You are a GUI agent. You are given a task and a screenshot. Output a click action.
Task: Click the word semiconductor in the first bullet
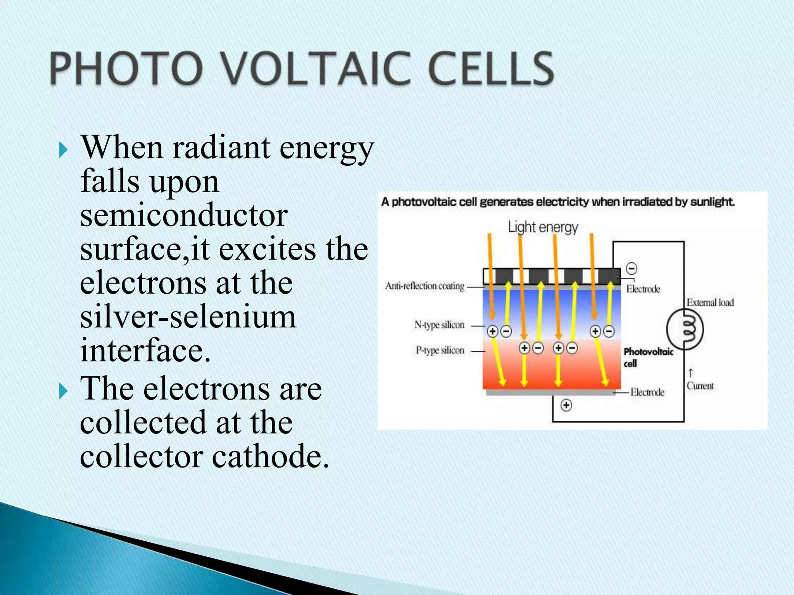pos(184,215)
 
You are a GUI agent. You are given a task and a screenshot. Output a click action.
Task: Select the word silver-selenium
pos(188,316)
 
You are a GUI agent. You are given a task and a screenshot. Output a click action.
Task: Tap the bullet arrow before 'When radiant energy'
pos(63,150)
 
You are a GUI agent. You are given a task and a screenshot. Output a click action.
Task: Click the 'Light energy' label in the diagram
pos(543,227)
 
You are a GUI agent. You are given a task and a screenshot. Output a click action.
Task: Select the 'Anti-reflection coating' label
pos(425,286)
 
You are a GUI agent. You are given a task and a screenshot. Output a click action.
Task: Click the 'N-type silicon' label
pos(439,325)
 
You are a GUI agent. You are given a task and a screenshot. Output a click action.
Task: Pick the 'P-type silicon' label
pos(440,351)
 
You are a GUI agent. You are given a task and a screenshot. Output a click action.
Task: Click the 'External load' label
pos(710,303)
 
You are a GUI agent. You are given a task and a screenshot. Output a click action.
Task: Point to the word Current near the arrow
pos(700,386)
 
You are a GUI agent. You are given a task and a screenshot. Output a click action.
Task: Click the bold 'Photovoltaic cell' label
pos(648,357)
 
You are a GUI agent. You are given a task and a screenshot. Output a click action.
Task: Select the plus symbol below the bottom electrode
pos(566,405)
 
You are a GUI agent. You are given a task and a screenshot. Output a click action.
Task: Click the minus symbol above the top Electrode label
pos(632,268)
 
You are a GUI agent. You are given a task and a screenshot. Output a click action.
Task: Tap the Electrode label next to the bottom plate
pos(647,392)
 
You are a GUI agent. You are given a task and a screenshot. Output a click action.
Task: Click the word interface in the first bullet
pos(145,350)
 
